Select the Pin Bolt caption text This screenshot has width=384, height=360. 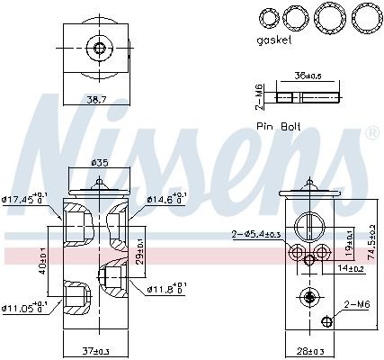point(281,126)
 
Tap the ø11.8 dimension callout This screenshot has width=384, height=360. point(165,289)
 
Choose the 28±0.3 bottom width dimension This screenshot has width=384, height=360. point(309,350)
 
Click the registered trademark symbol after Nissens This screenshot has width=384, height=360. point(371,134)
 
